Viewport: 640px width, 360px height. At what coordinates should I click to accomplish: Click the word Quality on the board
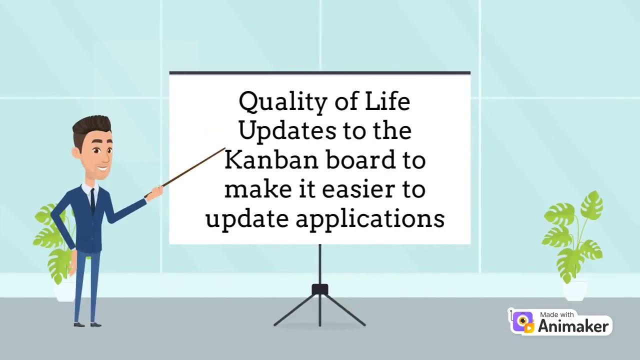[x=270, y=102]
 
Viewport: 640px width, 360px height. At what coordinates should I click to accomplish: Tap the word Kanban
[x=270, y=160]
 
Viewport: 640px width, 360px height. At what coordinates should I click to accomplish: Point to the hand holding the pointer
[x=155, y=192]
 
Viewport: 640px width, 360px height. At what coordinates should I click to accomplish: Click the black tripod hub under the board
[x=320, y=289]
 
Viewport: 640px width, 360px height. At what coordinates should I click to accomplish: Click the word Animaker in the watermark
[x=573, y=326]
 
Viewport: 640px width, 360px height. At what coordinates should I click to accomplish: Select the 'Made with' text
[x=557, y=314]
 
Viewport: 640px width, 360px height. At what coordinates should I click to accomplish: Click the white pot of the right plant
[x=574, y=289]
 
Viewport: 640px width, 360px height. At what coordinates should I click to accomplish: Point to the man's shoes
[x=87, y=324]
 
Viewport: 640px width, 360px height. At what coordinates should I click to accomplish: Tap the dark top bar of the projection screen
[x=320, y=73]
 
